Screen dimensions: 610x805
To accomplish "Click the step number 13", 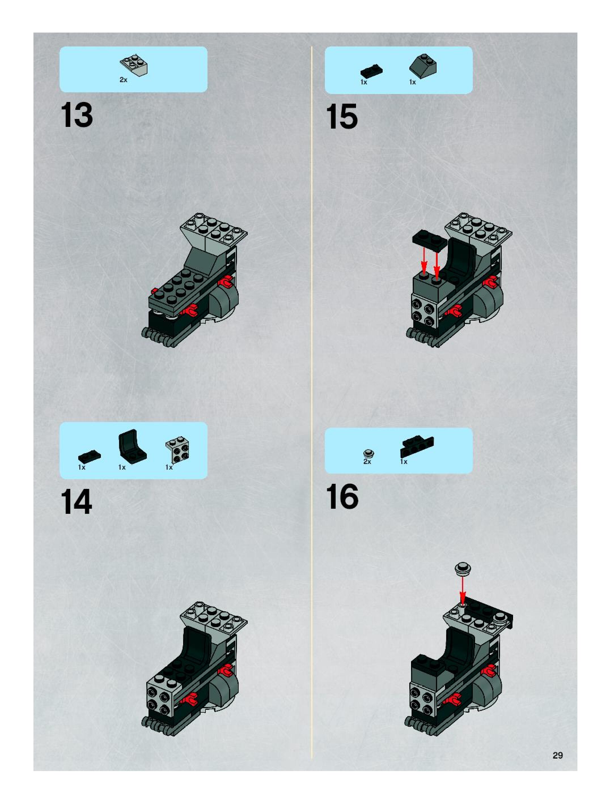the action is pos(77,115).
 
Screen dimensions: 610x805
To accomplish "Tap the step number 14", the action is pos(77,502).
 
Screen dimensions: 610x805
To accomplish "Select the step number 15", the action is pos(342,116).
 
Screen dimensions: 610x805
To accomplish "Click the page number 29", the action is pos(558,755).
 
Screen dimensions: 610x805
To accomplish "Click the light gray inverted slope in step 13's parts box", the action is pos(134,65).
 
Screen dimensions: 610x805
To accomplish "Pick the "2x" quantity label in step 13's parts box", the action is pos(124,80).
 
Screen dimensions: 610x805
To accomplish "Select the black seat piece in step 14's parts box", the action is pos(132,446).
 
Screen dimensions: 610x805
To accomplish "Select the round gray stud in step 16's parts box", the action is pos(369,453).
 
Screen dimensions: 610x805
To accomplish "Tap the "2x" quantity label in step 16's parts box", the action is pos(367,461).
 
